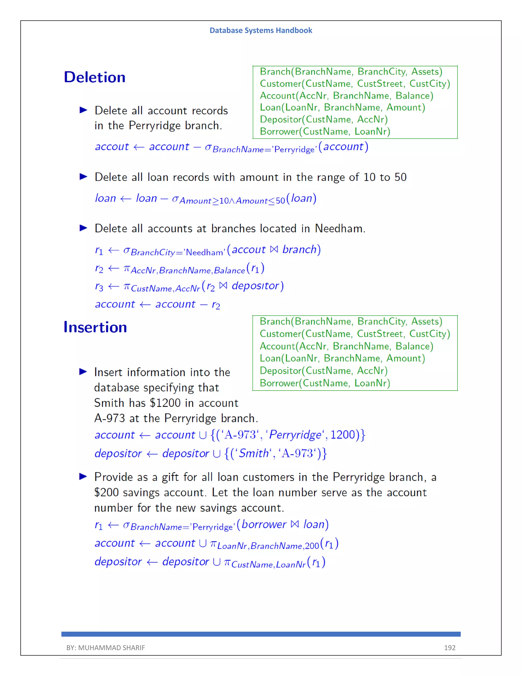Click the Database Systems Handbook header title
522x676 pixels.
[261, 30]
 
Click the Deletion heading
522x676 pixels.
[95, 77]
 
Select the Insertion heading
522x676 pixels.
[95, 327]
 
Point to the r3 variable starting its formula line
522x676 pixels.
[99, 287]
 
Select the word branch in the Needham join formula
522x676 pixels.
[299, 250]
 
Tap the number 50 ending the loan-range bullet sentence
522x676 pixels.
[400, 177]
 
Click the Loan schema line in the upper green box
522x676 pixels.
[342, 107]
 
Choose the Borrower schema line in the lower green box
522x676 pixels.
[325, 383]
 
